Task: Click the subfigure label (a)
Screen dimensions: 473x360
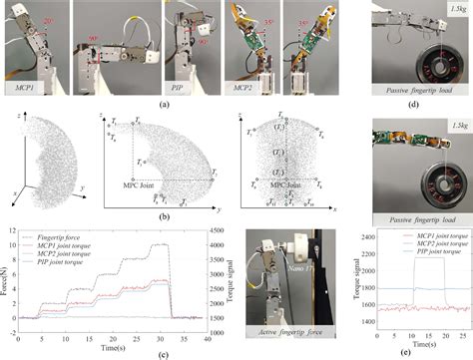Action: pyautogui.click(x=165, y=104)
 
